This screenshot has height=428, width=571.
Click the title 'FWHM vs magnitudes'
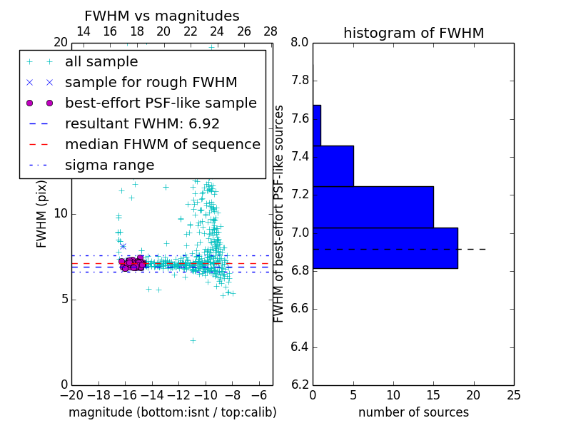(162, 16)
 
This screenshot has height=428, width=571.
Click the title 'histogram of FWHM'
(413, 33)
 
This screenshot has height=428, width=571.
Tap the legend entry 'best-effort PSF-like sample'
(161, 103)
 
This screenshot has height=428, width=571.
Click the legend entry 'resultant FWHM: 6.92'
(142, 123)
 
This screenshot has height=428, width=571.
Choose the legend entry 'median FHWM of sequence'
(162, 144)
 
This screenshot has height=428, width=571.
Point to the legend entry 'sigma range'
(109, 165)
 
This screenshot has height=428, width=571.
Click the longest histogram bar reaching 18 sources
(385, 248)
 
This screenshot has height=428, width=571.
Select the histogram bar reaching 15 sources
(373, 207)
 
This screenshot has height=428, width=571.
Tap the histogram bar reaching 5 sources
(333, 166)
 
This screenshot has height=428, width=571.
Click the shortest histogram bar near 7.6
(317, 126)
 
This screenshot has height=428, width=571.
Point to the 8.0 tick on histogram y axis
(300, 42)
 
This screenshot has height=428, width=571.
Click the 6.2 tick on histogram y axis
(300, 385)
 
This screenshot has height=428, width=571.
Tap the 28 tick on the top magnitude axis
(271, 32)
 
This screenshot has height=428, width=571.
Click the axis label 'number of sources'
(413, 412)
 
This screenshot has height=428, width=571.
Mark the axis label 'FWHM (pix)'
(42, 213)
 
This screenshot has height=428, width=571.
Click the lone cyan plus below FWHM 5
(192, 341)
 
